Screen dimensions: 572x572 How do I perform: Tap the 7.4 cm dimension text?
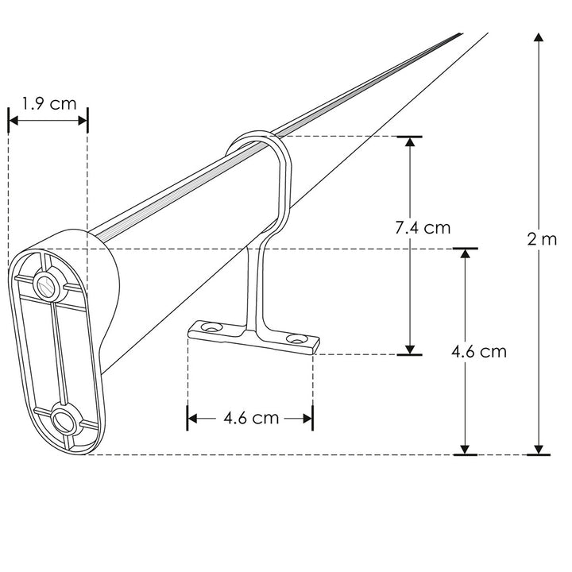click(423, 228)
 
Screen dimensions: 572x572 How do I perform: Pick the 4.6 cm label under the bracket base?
click(250, 418)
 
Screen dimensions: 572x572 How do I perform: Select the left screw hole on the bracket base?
click(211, 327)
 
